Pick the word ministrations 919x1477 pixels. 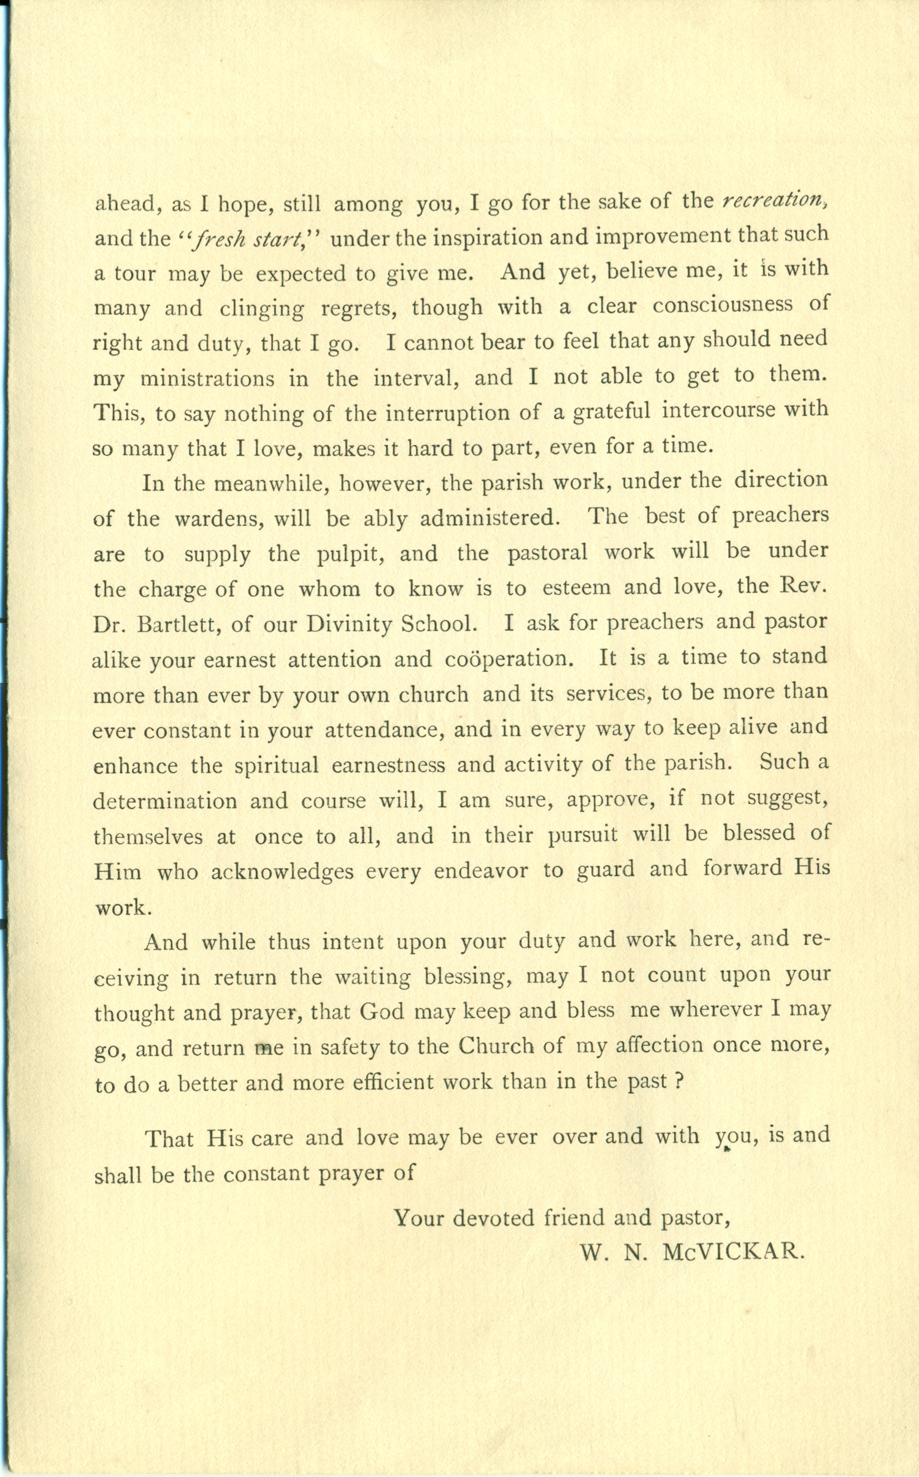207,378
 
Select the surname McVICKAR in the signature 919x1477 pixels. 733,1252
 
